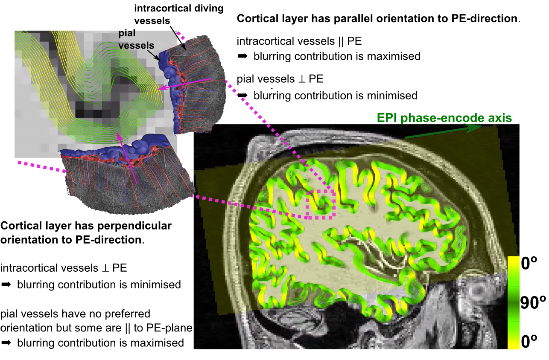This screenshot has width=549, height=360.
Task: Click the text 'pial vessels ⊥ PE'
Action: [x=280, y=79]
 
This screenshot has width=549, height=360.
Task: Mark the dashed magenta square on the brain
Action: [x=321, y=204]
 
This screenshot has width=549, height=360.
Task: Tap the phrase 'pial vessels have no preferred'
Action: [x=75, y=314]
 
